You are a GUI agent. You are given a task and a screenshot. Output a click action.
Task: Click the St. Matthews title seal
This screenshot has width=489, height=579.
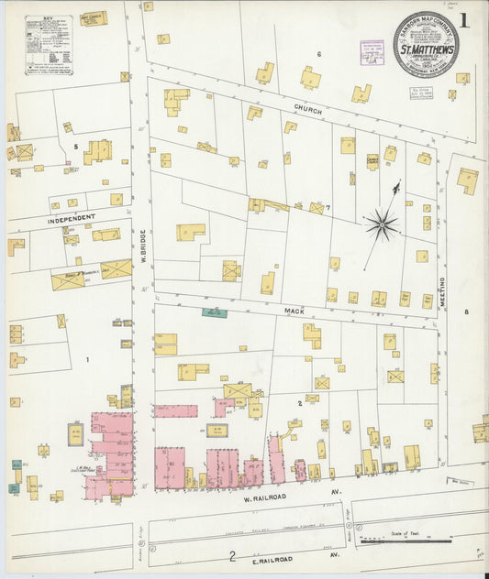[426, 45]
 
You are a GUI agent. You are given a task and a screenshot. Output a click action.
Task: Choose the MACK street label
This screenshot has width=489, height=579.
[293, 311]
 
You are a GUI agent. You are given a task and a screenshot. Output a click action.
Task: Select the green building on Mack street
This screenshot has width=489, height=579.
[215, 312]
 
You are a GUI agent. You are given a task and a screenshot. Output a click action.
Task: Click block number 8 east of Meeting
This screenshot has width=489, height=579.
[466, 312]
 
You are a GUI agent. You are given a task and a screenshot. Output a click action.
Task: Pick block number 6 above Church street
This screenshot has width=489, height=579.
[318, 54]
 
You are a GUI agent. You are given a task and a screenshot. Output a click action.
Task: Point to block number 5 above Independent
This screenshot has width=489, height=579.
[75, 146]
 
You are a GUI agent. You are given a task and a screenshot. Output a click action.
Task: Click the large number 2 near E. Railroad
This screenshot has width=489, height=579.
[233, 556]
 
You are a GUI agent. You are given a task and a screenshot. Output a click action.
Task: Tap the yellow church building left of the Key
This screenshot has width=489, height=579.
[94, 18]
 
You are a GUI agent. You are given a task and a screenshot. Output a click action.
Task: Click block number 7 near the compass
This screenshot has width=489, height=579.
[328, 208]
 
